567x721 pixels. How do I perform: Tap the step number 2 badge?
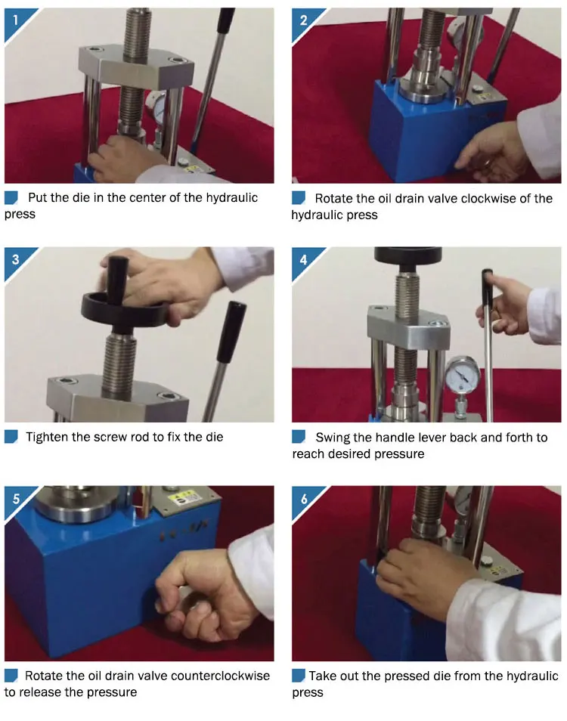(x=303, y=20)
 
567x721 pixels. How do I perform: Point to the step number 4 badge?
(x=303, y=260)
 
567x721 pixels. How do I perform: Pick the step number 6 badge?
(x=303, y=499)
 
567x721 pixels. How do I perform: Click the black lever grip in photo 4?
(x=487, y=286)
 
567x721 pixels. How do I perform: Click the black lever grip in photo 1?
(x=225, y=20)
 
